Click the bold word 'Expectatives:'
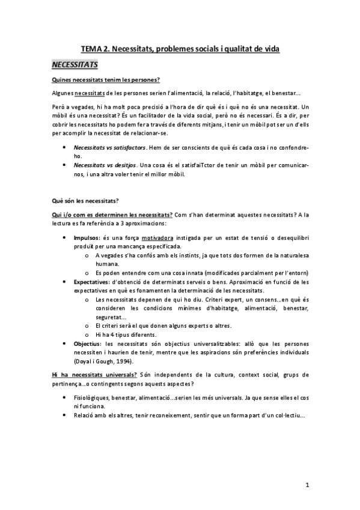click(x=93, y=281)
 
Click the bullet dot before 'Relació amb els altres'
click(x=65, y=416)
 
